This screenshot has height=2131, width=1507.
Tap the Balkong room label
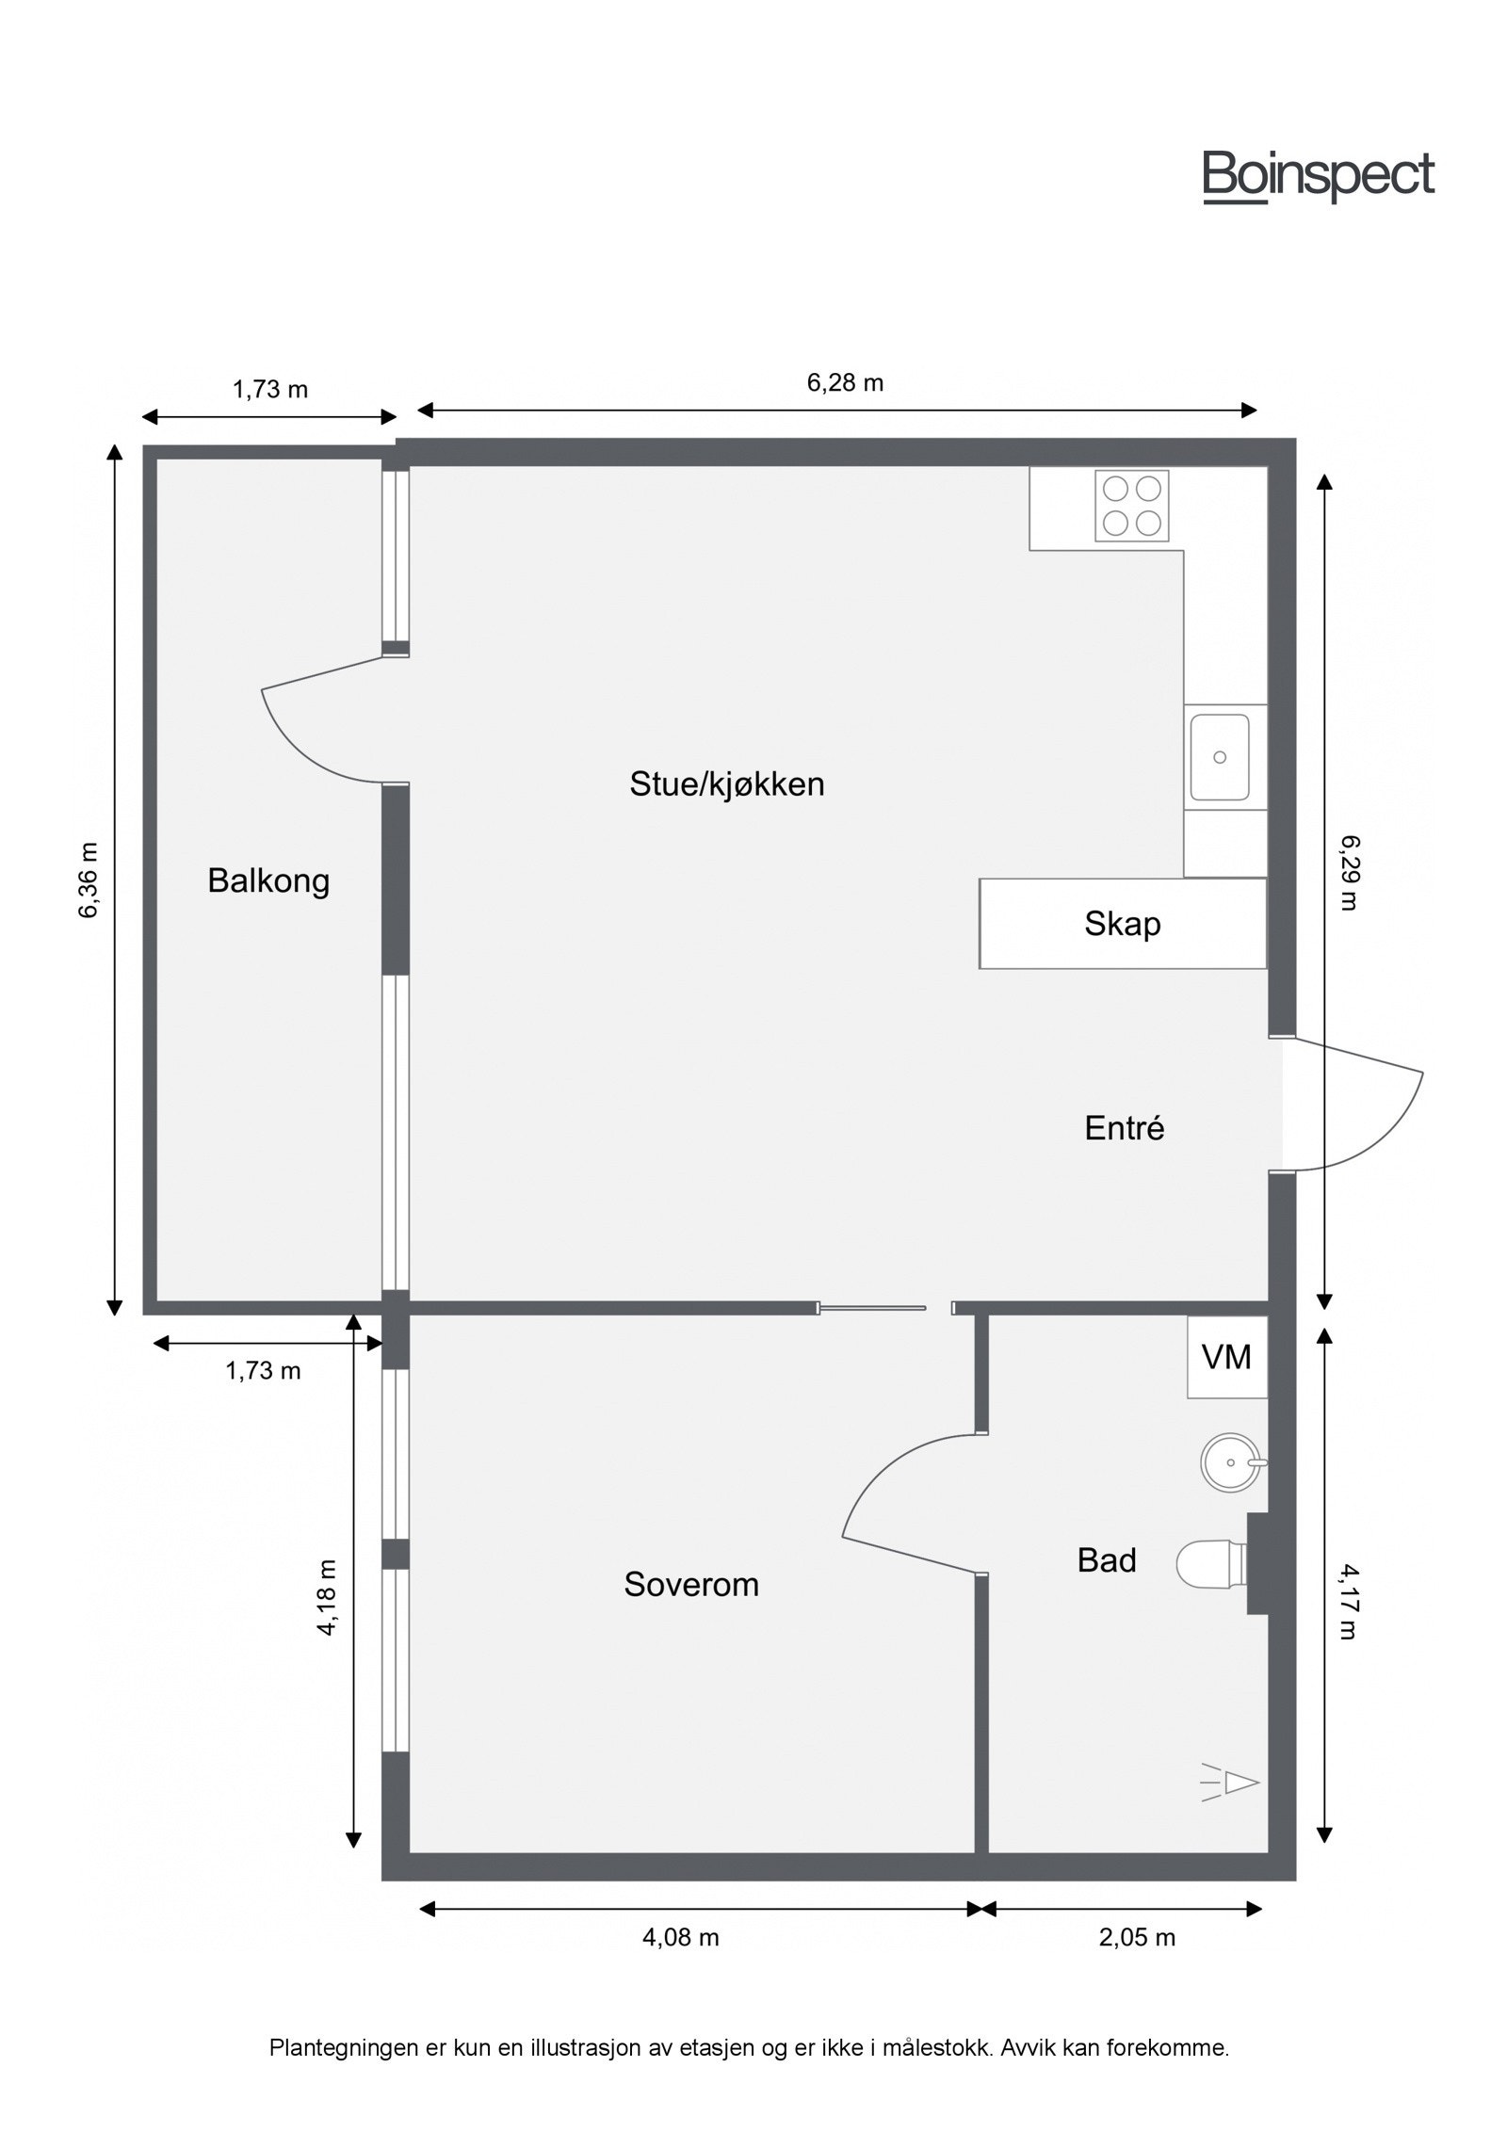[x=268, y=881]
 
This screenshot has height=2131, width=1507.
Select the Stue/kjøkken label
[x=726, y=783]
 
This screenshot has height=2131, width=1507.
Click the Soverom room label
[x=690, y=1584]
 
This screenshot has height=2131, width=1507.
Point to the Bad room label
[x=1106, y=1560]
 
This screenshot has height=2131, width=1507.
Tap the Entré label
[x=1124, y=1127]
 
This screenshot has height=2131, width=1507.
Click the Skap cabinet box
[x=1122, y=923]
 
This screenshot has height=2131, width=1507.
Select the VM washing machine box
[x=1226, y=1357]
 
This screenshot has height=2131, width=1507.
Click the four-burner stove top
[x=1131, y=506]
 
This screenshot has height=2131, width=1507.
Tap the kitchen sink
[x=1220, y=756]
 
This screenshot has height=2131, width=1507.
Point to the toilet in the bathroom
[x=1210, y=1563]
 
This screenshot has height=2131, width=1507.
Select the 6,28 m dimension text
[x=845, y=382]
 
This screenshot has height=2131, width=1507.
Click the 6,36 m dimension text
[x=89, y=880]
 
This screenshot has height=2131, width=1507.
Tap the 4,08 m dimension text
[x=680, y=1937]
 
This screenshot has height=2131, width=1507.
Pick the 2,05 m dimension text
[x=1137, y=1937]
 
